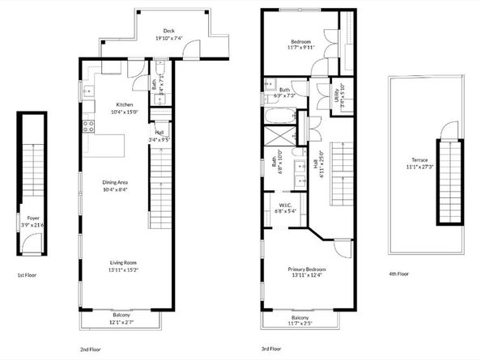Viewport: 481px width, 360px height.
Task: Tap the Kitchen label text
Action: coord(124,104)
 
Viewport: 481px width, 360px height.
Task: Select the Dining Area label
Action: coord(119,182)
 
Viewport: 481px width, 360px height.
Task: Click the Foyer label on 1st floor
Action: coord(33,218)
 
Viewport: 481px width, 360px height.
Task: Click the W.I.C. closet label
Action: coord(288,205)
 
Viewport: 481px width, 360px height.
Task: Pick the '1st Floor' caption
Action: coord(28,275)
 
